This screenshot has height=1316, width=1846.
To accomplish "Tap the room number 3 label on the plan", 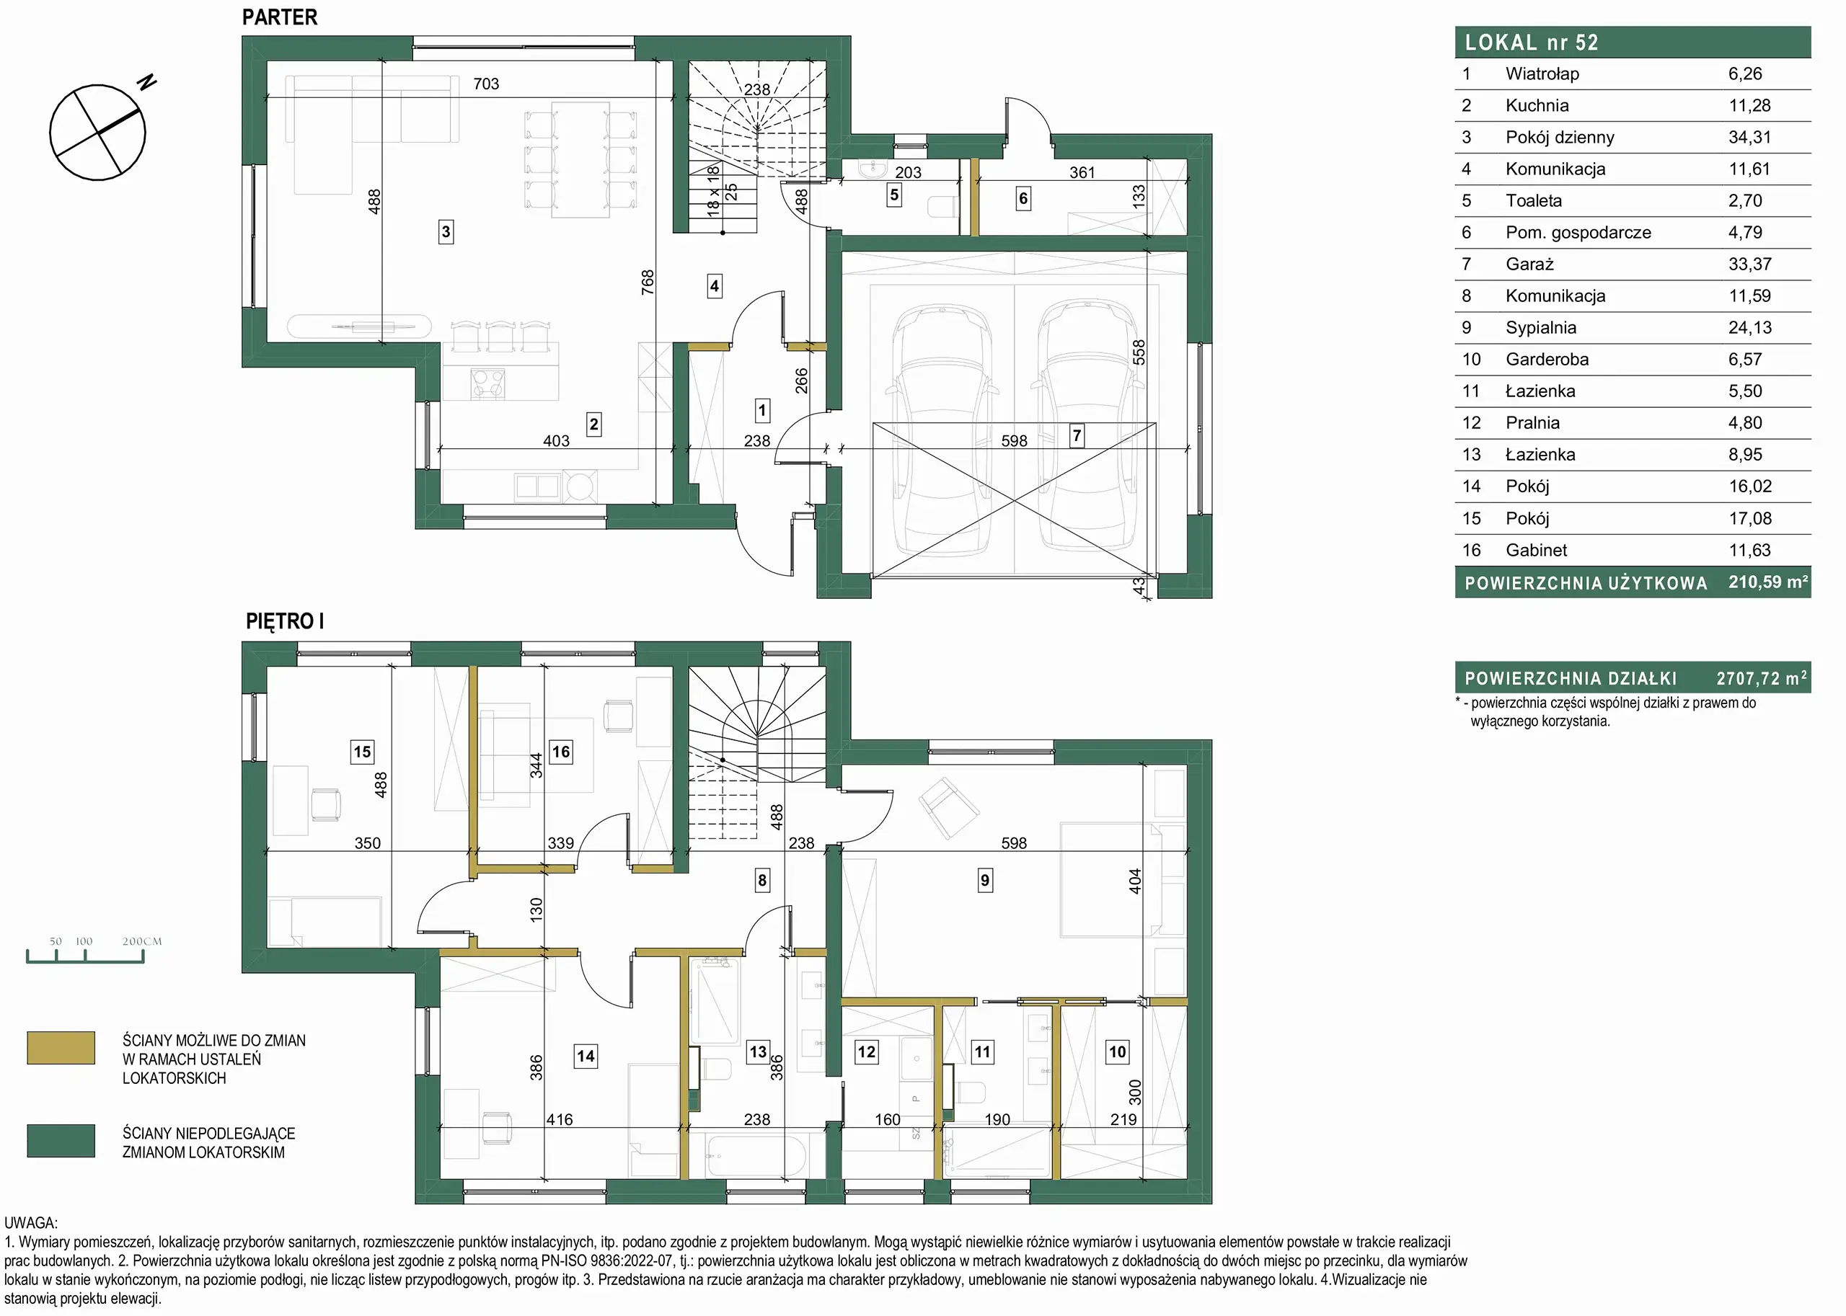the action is click(445, 232).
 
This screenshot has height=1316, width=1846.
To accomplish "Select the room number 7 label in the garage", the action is click(1077, 436).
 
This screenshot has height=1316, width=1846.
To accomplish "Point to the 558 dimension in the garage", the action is click(1139, 352).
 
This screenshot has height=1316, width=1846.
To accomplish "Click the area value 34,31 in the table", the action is click(1749, 137).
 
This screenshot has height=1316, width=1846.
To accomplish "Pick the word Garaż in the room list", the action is click(1529, 264).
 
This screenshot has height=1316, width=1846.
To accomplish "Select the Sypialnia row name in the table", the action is click(1540, 327).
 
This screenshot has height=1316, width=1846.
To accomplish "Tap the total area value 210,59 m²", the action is click(1767, 582).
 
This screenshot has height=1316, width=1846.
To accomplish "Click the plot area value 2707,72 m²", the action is click(1761, 677).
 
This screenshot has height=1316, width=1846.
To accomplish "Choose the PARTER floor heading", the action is click(280, 17).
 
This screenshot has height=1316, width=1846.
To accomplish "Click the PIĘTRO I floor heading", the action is click(285, 621).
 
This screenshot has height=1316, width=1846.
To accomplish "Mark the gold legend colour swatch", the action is click(61, 1047).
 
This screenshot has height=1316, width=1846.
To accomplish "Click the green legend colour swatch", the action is click(61, 1140).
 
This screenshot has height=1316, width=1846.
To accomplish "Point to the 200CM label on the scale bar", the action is click(142, 941).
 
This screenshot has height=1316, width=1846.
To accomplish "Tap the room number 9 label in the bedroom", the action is click(984, 880).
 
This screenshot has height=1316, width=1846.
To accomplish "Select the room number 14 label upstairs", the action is click(586, 1056).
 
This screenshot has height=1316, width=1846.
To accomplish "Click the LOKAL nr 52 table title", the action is click(1531, 42).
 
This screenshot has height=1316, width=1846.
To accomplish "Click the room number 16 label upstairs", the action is click(561, 751).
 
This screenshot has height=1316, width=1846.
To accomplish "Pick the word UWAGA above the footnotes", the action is click(31, 1223).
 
